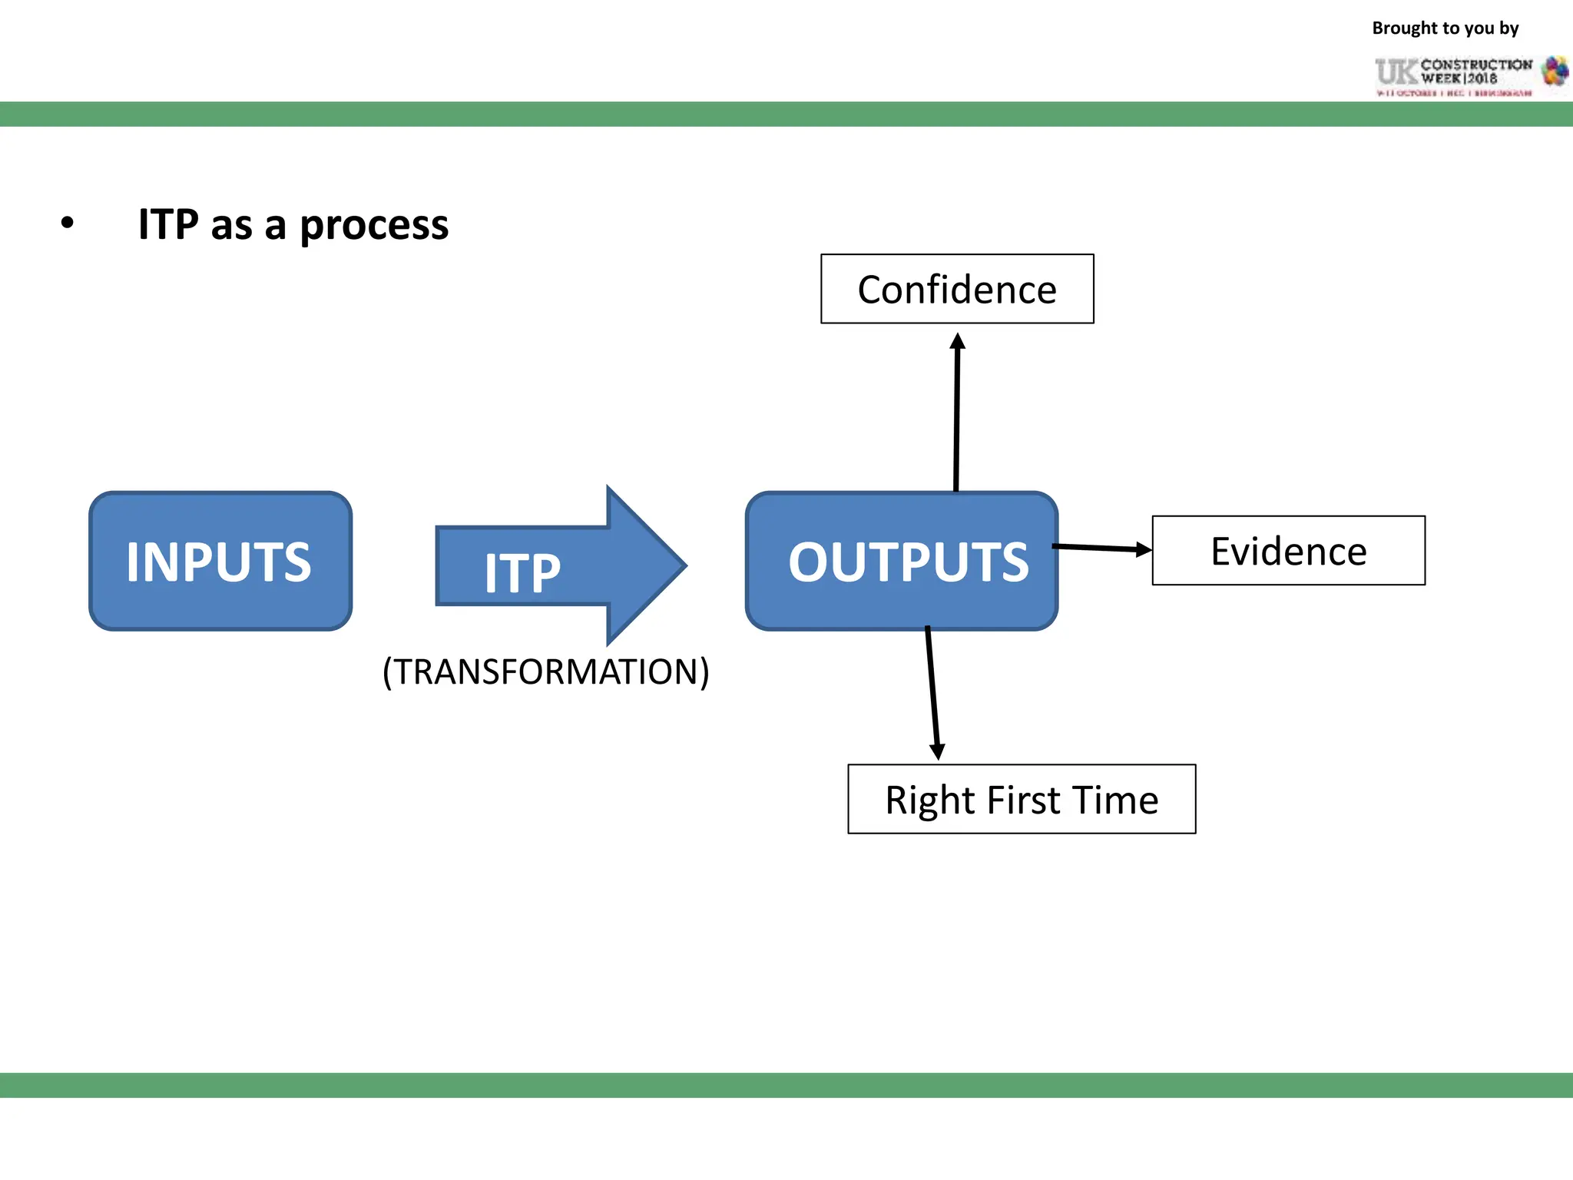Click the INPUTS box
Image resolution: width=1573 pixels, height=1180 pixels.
tap(220, 562)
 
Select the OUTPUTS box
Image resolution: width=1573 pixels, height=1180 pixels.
tap(902, 562)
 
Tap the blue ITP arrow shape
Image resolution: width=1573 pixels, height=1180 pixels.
tap(561, 566)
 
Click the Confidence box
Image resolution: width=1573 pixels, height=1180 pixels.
tap(957, 290)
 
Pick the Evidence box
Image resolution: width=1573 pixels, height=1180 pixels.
tap(1288, 551)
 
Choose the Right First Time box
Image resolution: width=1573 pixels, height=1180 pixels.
tap(1022, 799)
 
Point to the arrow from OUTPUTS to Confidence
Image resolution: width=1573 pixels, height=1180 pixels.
tap(956, 415)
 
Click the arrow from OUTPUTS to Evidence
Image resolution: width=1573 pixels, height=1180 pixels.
tap(1098, 548)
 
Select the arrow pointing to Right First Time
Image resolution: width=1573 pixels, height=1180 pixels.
tap(932, 691)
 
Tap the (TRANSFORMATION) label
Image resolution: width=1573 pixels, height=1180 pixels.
tap(546, 671)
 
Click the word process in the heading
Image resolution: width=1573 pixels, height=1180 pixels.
tap(374, 226)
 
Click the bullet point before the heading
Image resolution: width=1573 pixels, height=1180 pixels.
tap(68, 224)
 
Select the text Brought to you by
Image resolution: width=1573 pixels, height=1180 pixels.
tap(1445, 28)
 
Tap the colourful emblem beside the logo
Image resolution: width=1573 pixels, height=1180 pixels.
tap(1555, 71)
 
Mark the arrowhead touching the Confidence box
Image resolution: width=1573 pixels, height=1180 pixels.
tap(957, 341)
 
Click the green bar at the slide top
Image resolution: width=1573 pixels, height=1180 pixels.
tap(786, 114)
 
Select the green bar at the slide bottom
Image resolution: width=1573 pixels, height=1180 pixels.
tap(786, 1085)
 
